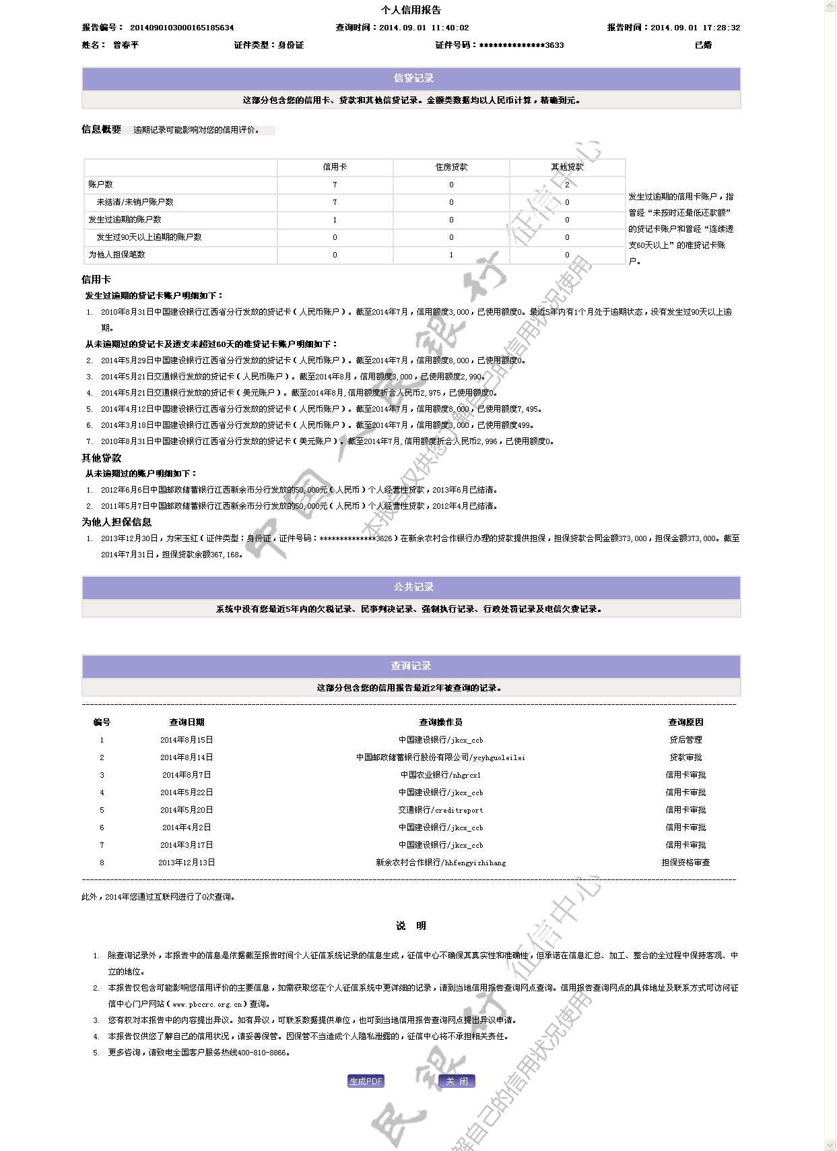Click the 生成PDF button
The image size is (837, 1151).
tap(366, 1082)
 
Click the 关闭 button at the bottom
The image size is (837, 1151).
tap(457, 1082)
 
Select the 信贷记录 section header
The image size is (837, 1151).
tap(413, 79)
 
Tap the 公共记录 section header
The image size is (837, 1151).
tap(413, 588)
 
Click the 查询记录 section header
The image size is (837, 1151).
tap(411, 666)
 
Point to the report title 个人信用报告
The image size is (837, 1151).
tap(411, 10)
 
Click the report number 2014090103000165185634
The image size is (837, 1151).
tap(182, 28)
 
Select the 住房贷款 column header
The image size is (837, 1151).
tap(451, 167)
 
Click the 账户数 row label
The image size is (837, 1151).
tap(101, 185)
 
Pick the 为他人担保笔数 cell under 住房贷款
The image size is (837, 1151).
tap(451, 255)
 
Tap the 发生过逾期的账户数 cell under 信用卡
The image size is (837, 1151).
tap(335, 220)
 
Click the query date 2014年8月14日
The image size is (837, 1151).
tap(187, 757)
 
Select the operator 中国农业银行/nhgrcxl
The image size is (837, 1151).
tap(440, 775)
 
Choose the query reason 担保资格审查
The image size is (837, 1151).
tap(685, 863)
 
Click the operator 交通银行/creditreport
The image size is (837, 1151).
tap(440, 810)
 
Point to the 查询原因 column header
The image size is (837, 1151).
tap(685, 722)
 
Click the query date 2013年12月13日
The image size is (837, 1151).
tap(187, 863)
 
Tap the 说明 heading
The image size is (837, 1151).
tap(411, 926)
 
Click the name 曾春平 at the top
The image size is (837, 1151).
tap(126, 45)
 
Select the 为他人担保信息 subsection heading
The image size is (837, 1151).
tap(116, 522)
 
